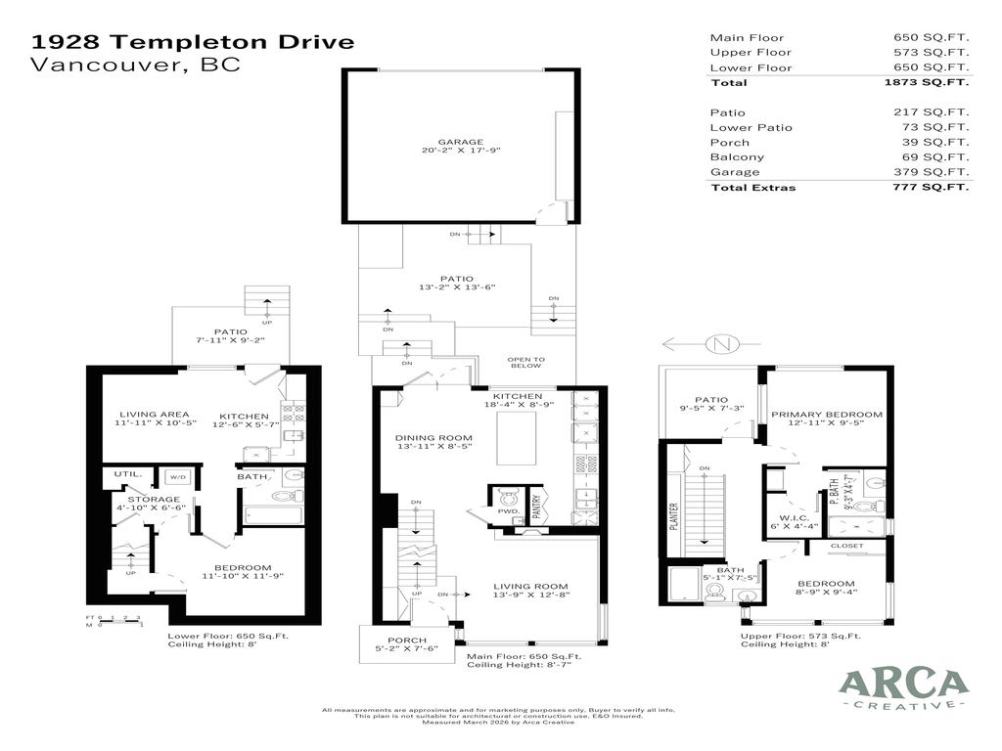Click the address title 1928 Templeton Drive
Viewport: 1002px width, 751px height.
[x=193, y=42]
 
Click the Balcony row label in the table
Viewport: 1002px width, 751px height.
[x=737, y=157]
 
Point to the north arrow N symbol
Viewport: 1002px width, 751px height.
[x=722, y=343]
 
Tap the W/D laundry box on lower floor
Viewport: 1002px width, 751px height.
[x=177, y=477]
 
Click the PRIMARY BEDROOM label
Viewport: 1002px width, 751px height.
[x=826, y=415]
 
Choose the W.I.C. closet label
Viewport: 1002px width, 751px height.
[x=793, y=517]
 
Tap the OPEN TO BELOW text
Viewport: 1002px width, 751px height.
[x=525, y=362]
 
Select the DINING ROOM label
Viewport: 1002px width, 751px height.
[x=433, y=438]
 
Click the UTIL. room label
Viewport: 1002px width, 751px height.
[x=128, y=474]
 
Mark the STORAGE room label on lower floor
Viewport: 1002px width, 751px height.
[x=153, y=500]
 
